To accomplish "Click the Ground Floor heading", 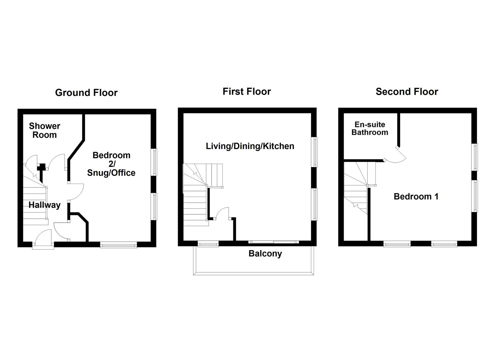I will [86, 93].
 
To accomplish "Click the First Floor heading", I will [247, 92].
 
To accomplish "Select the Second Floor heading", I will [407, 92].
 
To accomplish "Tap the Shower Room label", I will [44, 130].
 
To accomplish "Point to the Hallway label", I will [44, 205].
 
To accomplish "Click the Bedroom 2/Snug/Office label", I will [111, 164].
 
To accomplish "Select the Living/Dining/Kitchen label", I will [250, 146].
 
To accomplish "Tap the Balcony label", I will [265, 254].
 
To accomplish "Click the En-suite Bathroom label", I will [370, 128].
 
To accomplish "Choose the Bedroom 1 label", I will [416, 196].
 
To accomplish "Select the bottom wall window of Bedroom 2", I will [118, 245].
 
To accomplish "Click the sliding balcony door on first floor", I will [273, 242].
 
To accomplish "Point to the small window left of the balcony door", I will [208, 244].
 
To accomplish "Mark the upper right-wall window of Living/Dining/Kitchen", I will [314, 152].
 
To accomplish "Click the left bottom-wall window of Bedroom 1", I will [397, 244].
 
